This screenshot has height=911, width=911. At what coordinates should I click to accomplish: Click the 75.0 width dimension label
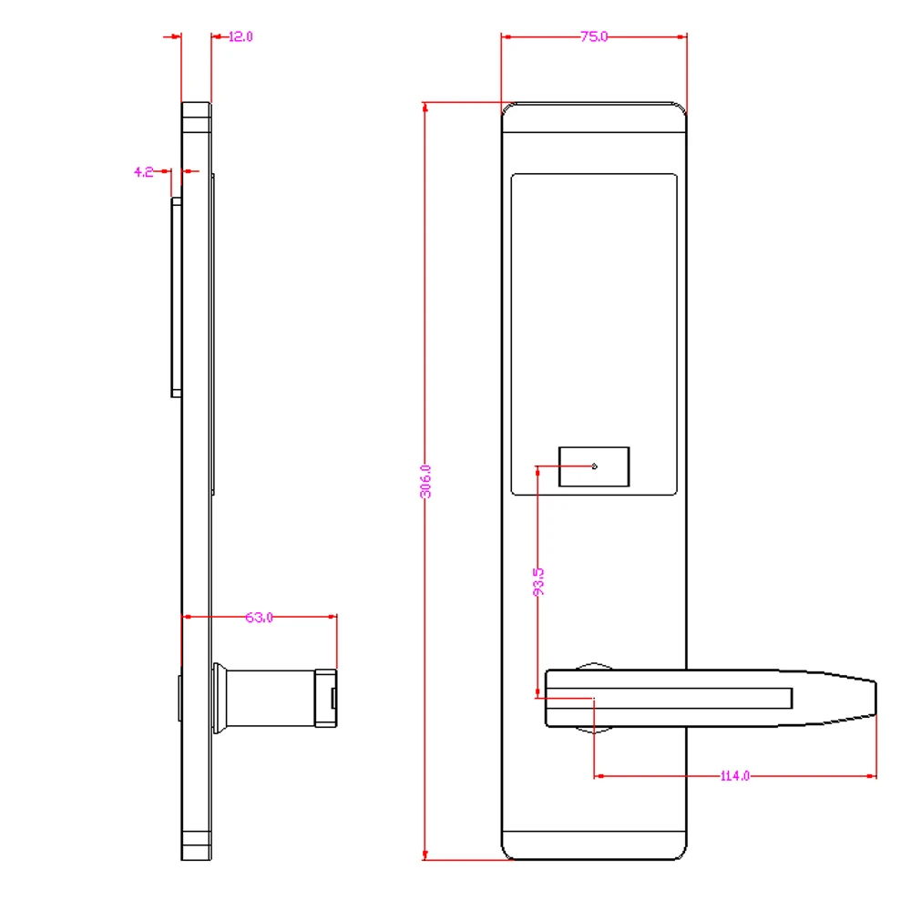(594, 36)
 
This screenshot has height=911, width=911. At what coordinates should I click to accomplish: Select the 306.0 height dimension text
(425, 481)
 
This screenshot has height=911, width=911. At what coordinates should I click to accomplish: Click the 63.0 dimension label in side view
(259, 618)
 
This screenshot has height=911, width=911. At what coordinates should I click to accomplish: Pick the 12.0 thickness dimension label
(241, 36)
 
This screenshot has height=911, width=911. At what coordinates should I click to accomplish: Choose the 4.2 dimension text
(143, 170)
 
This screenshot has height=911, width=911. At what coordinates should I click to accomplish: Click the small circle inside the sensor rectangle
(595, 466)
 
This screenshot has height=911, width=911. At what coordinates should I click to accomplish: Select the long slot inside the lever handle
(692, 699)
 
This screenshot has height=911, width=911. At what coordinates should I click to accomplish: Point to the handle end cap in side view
(326, 698)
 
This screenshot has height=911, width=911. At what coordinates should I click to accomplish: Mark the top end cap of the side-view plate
(196, 116)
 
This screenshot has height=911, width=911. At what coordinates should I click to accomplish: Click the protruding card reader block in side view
(175, 297)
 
